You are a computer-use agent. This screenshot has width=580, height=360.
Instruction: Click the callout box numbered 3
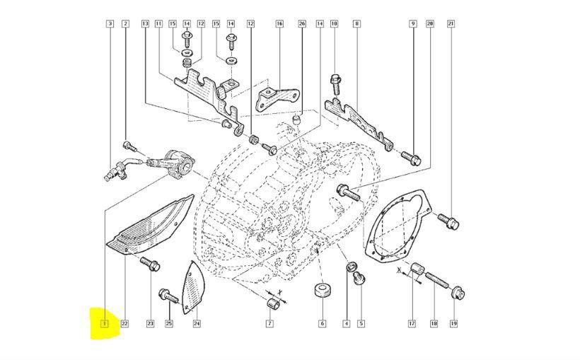coord(110,24)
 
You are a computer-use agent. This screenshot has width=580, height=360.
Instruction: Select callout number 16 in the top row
coord(279,24)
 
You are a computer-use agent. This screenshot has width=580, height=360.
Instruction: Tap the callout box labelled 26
coord(302,24)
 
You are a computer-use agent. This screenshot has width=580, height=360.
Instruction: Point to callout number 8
coord(356,24)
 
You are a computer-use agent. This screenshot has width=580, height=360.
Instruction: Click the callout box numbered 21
coord(451,24)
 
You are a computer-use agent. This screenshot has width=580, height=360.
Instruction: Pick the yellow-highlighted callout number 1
coord(104,324)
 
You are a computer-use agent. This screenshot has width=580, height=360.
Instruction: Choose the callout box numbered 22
coord(124,324)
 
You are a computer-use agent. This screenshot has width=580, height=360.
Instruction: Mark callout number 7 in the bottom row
coord(269,324)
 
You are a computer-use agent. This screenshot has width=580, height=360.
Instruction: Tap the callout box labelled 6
coord(322,324)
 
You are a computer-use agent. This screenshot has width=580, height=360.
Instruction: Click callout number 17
coord(411,324)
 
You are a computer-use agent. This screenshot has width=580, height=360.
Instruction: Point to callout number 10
coord(334,24)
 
